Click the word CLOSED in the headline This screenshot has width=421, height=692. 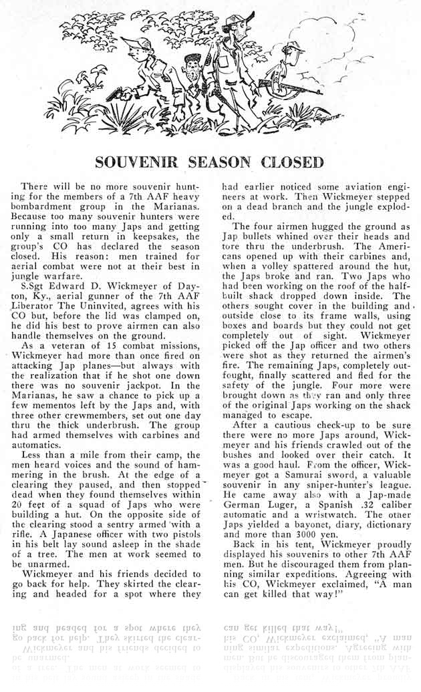pos(285,162)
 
